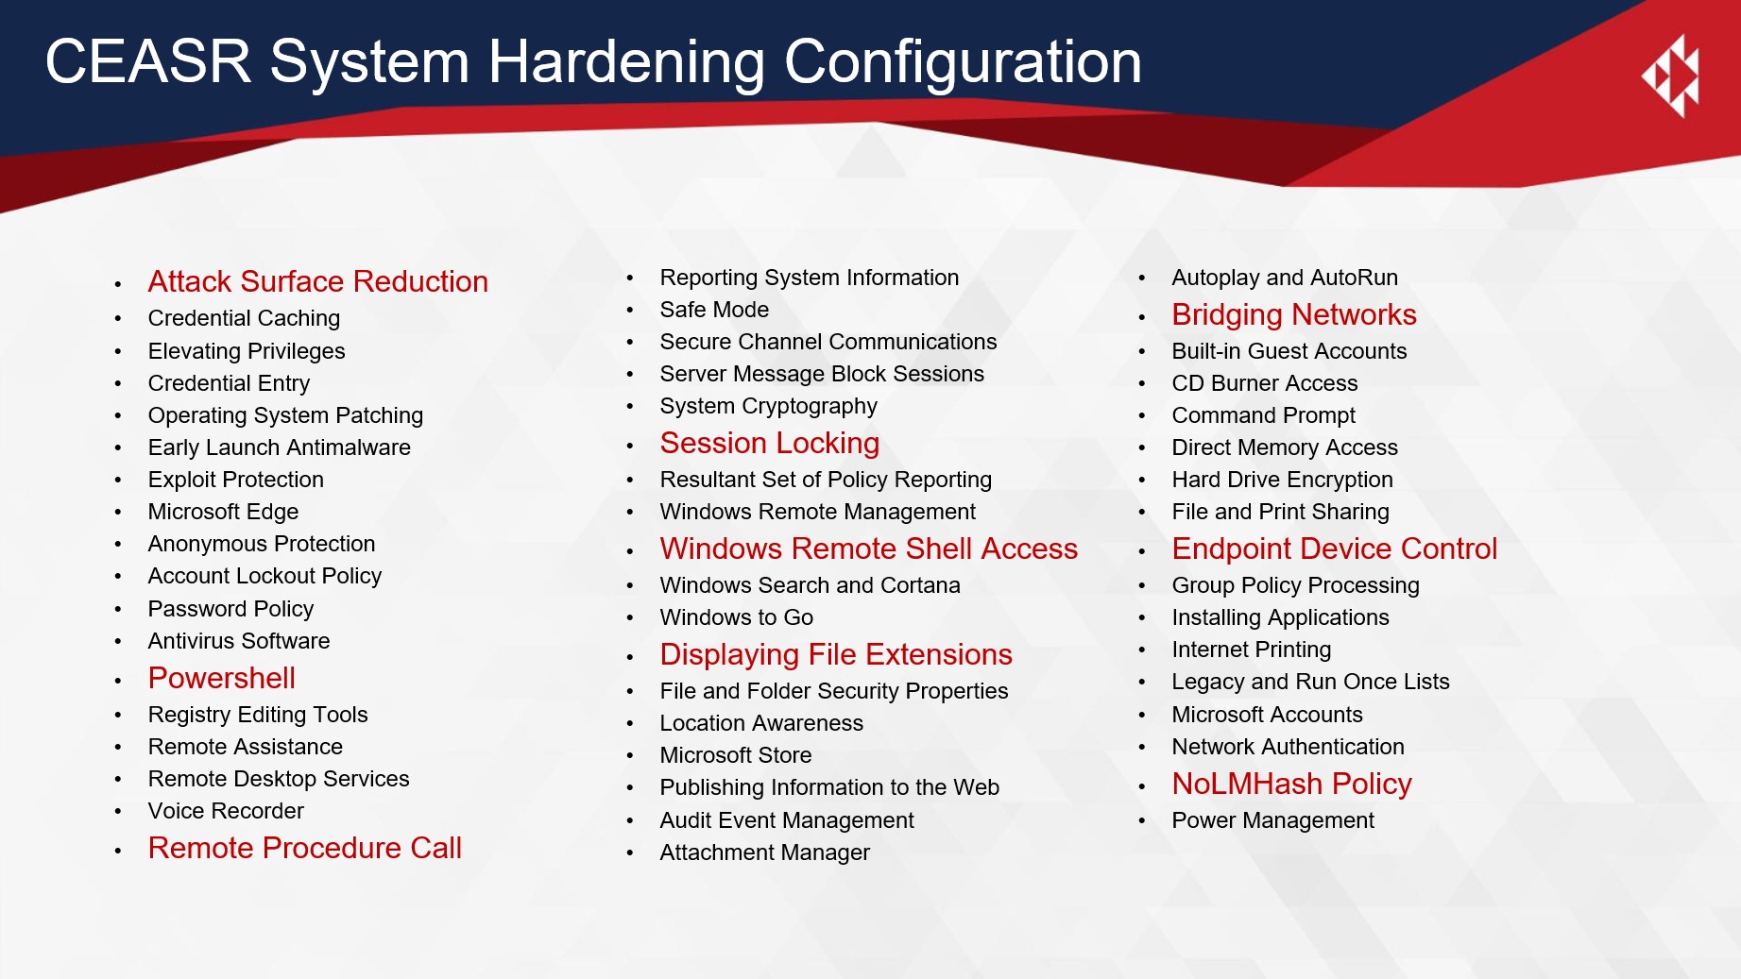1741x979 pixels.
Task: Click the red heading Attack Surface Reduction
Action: click(317, 281)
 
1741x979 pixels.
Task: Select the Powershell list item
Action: click(222, 678)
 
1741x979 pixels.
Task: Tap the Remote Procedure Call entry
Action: click(305, 848)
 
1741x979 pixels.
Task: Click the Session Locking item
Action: click(770, 444)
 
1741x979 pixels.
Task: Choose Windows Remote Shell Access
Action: click(869, 549)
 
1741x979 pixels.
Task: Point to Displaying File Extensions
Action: click(836, 655)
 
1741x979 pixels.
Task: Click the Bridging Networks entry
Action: click(1294, 315)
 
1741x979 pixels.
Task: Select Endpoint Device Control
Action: click(1335, 549)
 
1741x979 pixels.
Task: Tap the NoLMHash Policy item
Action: click(1292, 784)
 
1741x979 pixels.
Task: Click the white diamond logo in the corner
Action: click(1672, 76)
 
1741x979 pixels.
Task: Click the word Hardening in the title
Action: click(625, 62)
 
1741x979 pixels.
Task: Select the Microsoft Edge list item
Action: click(223, 512)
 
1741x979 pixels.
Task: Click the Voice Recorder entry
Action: click(226, 811)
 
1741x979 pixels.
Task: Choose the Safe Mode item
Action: click(714, 310)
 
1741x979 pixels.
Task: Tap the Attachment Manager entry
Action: click(765, 852)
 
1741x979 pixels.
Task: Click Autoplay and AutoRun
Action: click(1285, 278)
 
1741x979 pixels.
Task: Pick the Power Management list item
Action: click(1273, 820)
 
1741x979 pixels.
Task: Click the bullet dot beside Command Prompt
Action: click(1142, 416)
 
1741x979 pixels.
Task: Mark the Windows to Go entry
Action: click(737, 617)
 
